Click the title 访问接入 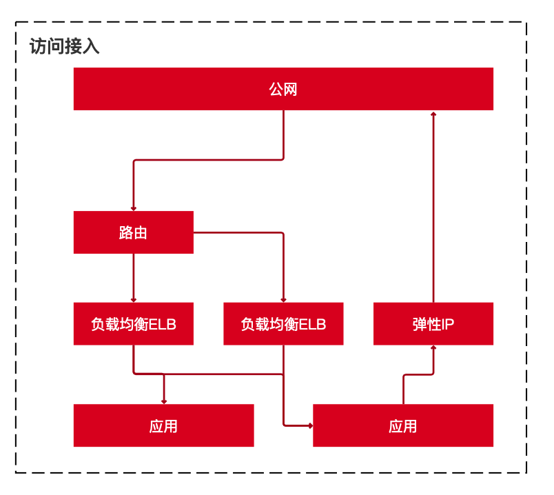[64, 47]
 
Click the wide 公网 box [283, 89]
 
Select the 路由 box [134, 232]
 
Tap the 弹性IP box [433, 323]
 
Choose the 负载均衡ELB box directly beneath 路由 [134, 323]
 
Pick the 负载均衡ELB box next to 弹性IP [283, 323]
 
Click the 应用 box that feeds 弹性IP [403, 425]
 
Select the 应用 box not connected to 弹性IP [163, 425]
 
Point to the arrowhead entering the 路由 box [134, 208]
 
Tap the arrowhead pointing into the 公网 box [433, 114]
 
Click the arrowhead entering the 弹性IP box [433, 349]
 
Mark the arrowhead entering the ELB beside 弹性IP [283, 299]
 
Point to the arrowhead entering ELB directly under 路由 [134, 299]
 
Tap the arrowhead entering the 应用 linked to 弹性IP [309, 425]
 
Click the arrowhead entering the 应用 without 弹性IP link [164, 401]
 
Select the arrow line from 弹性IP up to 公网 [433, 207]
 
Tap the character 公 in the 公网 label [276, 89]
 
